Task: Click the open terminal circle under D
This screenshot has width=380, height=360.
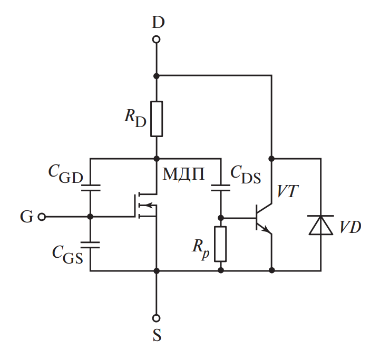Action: [156, 40]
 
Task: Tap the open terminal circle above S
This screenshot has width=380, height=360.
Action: [156, 318]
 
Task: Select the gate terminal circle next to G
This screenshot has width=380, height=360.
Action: [42, 217]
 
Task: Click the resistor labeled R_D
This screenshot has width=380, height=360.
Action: [156, 119]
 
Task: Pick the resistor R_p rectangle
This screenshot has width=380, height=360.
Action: [221, 244]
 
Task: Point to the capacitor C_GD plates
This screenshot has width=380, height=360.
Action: [90, 188]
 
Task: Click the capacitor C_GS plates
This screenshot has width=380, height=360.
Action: [90, 244]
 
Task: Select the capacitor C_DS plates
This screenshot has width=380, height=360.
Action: [221, 188]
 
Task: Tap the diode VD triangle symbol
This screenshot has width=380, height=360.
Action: [320, 225]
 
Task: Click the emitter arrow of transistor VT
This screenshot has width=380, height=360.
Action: [267, 229]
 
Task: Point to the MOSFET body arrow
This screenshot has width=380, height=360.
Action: [150, 207]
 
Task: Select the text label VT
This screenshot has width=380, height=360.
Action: [288, 192]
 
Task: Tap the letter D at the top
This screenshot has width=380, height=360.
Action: [158, 22]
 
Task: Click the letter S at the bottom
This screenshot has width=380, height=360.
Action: [157, 336]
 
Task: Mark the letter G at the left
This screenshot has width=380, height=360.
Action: [26, 217]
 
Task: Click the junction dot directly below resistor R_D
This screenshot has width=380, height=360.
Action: [156, 158]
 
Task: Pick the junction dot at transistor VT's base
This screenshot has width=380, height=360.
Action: [221, 217]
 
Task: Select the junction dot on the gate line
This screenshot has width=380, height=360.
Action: [90, 217]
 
